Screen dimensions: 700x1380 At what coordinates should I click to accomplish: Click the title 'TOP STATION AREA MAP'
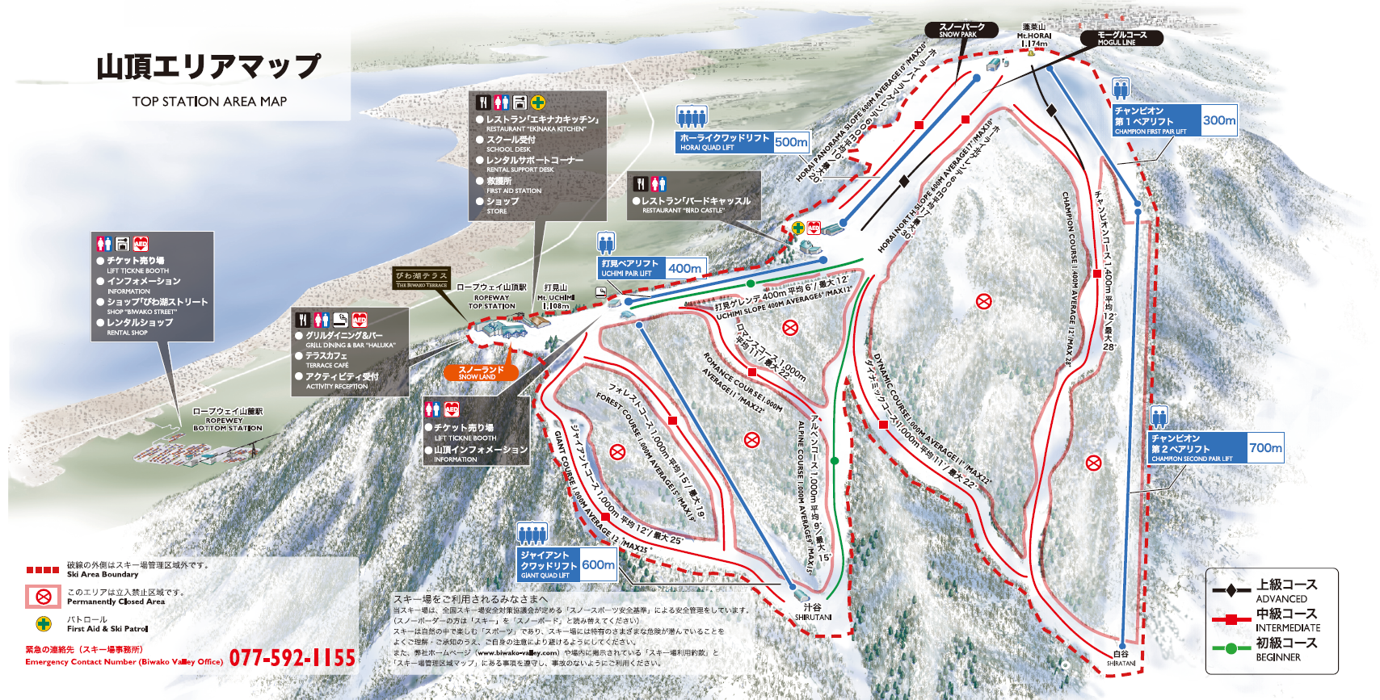pyautogui.click(x=209, y=102)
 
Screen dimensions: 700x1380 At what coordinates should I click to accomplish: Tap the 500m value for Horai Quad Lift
pyautogui.click(x=791, y=142)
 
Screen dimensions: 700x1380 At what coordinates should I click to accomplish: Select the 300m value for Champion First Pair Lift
pyautogui.click(x=1218, y=120)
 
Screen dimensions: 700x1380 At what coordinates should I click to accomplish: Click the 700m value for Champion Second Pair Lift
pyautogui.click(x=1264, y=447)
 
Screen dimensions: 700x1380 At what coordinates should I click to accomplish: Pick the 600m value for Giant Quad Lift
pyautogui.click(x=598, y=564)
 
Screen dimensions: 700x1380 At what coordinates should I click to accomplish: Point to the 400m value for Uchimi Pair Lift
pyautogui.click(x=684, y=268)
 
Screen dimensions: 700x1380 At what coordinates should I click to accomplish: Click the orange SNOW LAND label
pyautogui.click(x=481, y=372)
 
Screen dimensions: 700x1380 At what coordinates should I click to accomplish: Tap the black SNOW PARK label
pyautogui.click(x=960, y=30)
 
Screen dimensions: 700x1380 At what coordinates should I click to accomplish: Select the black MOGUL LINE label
pyautogui.click(x=1121, y=37)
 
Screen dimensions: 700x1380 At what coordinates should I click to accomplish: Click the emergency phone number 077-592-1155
pyautogui.click(x=292, y=658)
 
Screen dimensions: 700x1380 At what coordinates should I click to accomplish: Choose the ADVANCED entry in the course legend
pyautogui.click(x=1281, y=598)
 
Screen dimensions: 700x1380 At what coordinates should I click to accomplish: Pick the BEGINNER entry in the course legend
pyautogui.click(x=1277, y=656)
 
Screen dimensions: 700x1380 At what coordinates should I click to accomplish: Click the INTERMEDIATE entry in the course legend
pyautogui.click(x=1287, y=627)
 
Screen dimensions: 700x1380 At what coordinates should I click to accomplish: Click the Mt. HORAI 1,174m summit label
pyautogui.click(x=1033, y=40)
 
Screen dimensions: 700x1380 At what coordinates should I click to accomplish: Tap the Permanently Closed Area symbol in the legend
pyautogui.click(x=44, y=597)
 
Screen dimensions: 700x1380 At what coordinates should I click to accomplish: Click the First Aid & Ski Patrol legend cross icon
pyautogui.click(x=44, y=623)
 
